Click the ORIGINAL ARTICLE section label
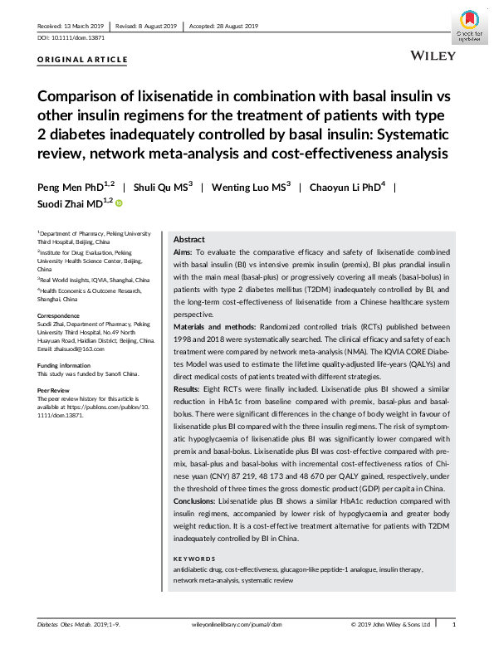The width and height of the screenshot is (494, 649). click(83, 60)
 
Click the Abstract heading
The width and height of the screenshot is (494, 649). click(189, 238)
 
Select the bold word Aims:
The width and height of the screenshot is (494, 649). click(182, 251)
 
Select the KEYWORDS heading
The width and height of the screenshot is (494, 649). click(194, 559)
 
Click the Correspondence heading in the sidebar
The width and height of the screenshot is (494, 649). click(60, 316)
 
